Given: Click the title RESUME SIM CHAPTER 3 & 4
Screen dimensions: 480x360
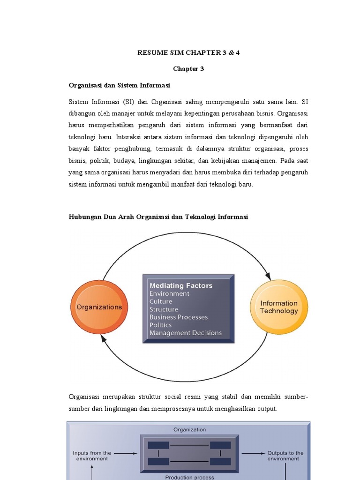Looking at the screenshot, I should pyautogui.click(x=188, y=52).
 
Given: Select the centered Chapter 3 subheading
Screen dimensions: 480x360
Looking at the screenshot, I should pyautogui.click(x=188, y=69).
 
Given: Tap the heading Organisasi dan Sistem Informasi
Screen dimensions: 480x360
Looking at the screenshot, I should pyautogui.click(x=119, y=85).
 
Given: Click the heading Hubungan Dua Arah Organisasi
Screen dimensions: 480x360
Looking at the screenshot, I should pyautogui.click(x=158, y=217).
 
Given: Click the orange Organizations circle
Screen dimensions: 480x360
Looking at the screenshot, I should pyautogui.click(x=99, y=307).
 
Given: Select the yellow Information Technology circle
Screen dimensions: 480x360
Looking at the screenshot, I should pyautogui.click(x=279, y=307).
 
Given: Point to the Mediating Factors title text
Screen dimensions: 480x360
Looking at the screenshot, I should pyautogui.click(x=180, y=285).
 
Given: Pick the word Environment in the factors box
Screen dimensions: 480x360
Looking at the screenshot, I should pyautogui.click(x=169, y=293).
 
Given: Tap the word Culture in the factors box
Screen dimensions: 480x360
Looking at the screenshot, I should pyautogui.click(x=161, y=301).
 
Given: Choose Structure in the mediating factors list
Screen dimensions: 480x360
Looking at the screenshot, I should pyautogui.click(x=164, y=309).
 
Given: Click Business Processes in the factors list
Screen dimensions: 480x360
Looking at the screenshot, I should pyautogui.click(x=178, y=317).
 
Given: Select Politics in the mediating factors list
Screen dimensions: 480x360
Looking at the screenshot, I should pyautogui.click(x=160, y=325).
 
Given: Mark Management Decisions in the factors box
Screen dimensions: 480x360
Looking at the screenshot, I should pyautogui.click(x=185, y=333).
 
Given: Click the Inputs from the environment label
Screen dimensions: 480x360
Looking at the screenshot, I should pyautogui.click(x=92, y=456).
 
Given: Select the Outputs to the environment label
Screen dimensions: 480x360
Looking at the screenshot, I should pyautogui.click(x=285, y=456).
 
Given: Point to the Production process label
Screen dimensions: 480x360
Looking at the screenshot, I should pyautogui.click(x=189, y=477).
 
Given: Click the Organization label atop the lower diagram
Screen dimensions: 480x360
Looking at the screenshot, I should pyautogui.click(x=189, y=429).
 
